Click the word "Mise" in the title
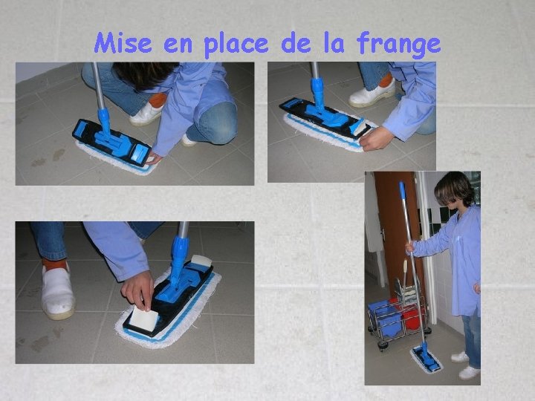tap(123, 43)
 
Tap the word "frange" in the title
tap(398, 45)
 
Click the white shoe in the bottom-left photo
tap(57, 293)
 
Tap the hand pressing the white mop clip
tap(138, 290)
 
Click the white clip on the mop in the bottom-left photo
tap(144, 318)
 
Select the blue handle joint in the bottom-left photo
tap(179, 258)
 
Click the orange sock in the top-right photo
tap(386, 80)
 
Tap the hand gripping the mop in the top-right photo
tap(376, 138)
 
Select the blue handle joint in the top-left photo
tap(105, 121)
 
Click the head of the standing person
tap(454, 190)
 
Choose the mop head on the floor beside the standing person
tap(427, 359)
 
